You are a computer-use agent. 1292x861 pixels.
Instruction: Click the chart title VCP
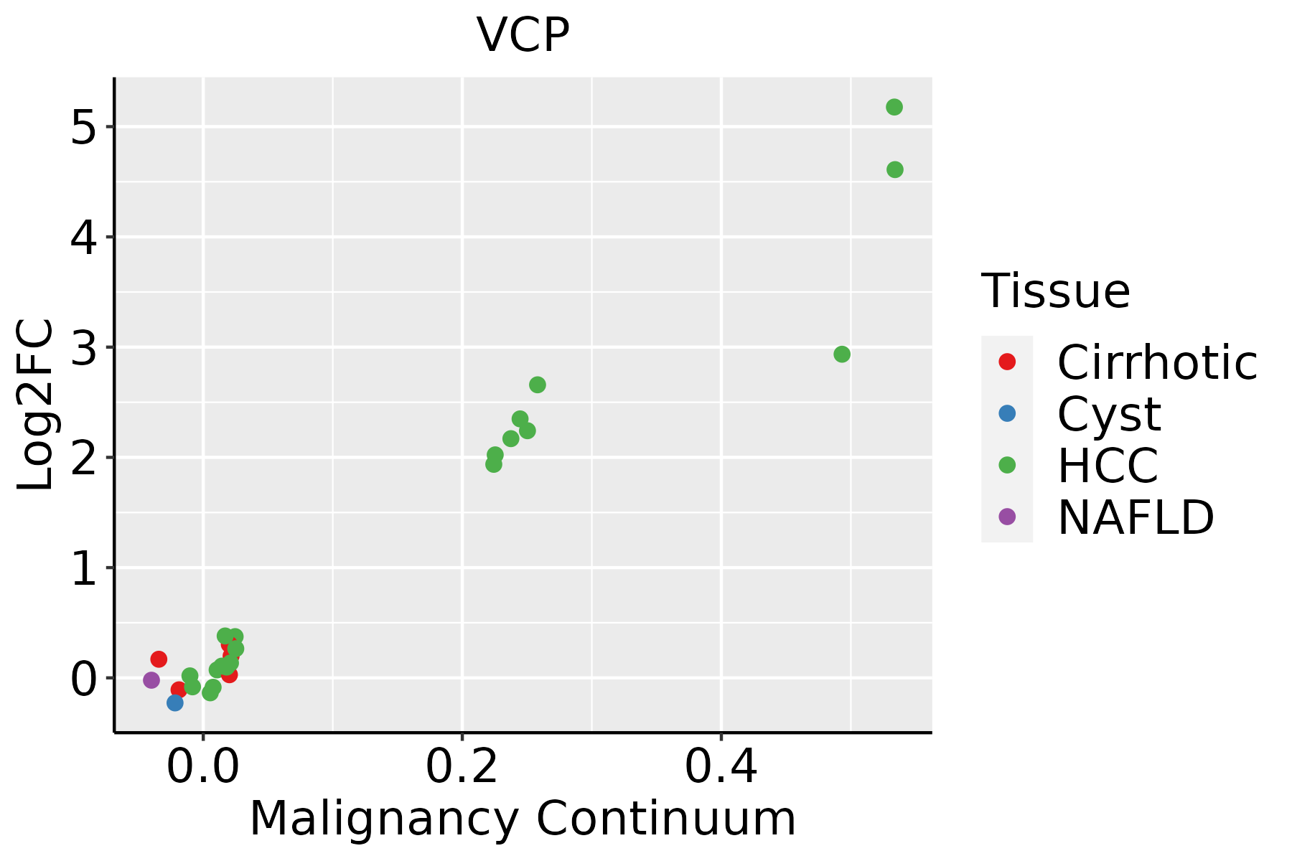tap(523, 34)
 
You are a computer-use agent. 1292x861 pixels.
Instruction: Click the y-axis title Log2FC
tap(36, 405)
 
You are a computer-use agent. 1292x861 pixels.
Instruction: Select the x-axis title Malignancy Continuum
tap(523, 819)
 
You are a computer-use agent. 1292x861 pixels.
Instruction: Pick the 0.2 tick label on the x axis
tap(462, 767)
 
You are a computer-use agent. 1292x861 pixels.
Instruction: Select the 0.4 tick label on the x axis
tap(721, 767)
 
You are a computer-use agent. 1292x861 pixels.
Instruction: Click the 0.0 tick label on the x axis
tap(203, 767)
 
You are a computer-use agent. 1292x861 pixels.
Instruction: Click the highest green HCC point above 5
tap(894, 107)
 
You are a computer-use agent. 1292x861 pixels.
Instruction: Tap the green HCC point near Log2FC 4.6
tap(895, 169)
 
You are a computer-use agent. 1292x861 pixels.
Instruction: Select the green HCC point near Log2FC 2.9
tap(842, 354)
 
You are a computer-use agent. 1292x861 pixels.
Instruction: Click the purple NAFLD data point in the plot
tap(151, 679)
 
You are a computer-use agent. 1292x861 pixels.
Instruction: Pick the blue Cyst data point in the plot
tap(175, 702)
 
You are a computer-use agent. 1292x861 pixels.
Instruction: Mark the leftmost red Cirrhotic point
tap(159, 659)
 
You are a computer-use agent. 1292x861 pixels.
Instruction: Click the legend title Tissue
tap(1055, 291)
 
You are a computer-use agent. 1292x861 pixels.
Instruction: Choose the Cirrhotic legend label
tap(1157, 362)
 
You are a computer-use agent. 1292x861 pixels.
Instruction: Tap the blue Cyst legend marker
tap(1007, 413)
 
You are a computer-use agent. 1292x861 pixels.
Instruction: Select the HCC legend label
tap(1108, 465)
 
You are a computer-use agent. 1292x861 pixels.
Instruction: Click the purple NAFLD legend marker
tap(1007, 517)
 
